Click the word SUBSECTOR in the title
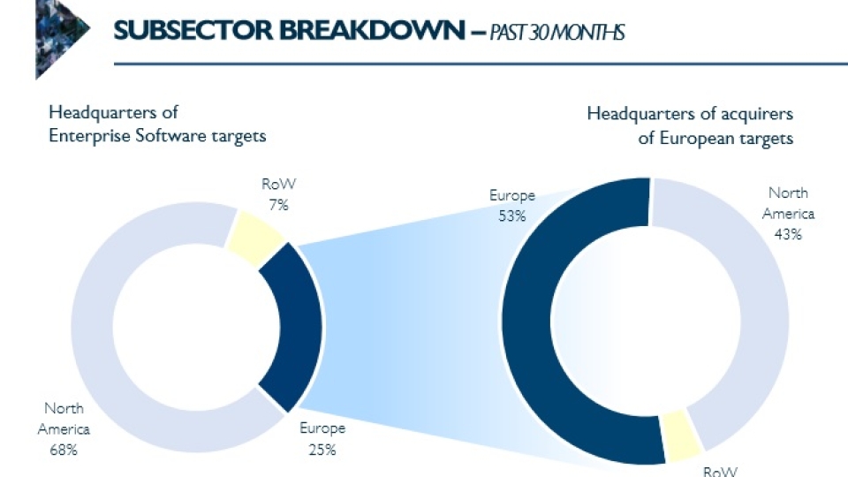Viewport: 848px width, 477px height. (x=193, y=30)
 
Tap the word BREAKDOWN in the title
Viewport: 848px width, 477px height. (x=372, y=30)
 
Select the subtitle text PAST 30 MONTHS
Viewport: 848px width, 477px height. (x=557, y=33)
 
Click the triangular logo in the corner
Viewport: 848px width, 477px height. (x=61, y=39)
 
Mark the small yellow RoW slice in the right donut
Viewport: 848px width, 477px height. (x=681, y=435)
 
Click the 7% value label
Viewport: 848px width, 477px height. (x=278, y=206)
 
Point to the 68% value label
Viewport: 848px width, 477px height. (x=64, y=450)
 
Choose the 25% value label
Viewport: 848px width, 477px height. (x=322, y=450)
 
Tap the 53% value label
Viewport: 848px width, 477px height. (x=512, y=216)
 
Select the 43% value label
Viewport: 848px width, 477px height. (x=788, y=235)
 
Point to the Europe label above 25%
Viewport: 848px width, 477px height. (x=322, y=428)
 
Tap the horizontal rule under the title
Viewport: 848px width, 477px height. (x=481, y=64)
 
